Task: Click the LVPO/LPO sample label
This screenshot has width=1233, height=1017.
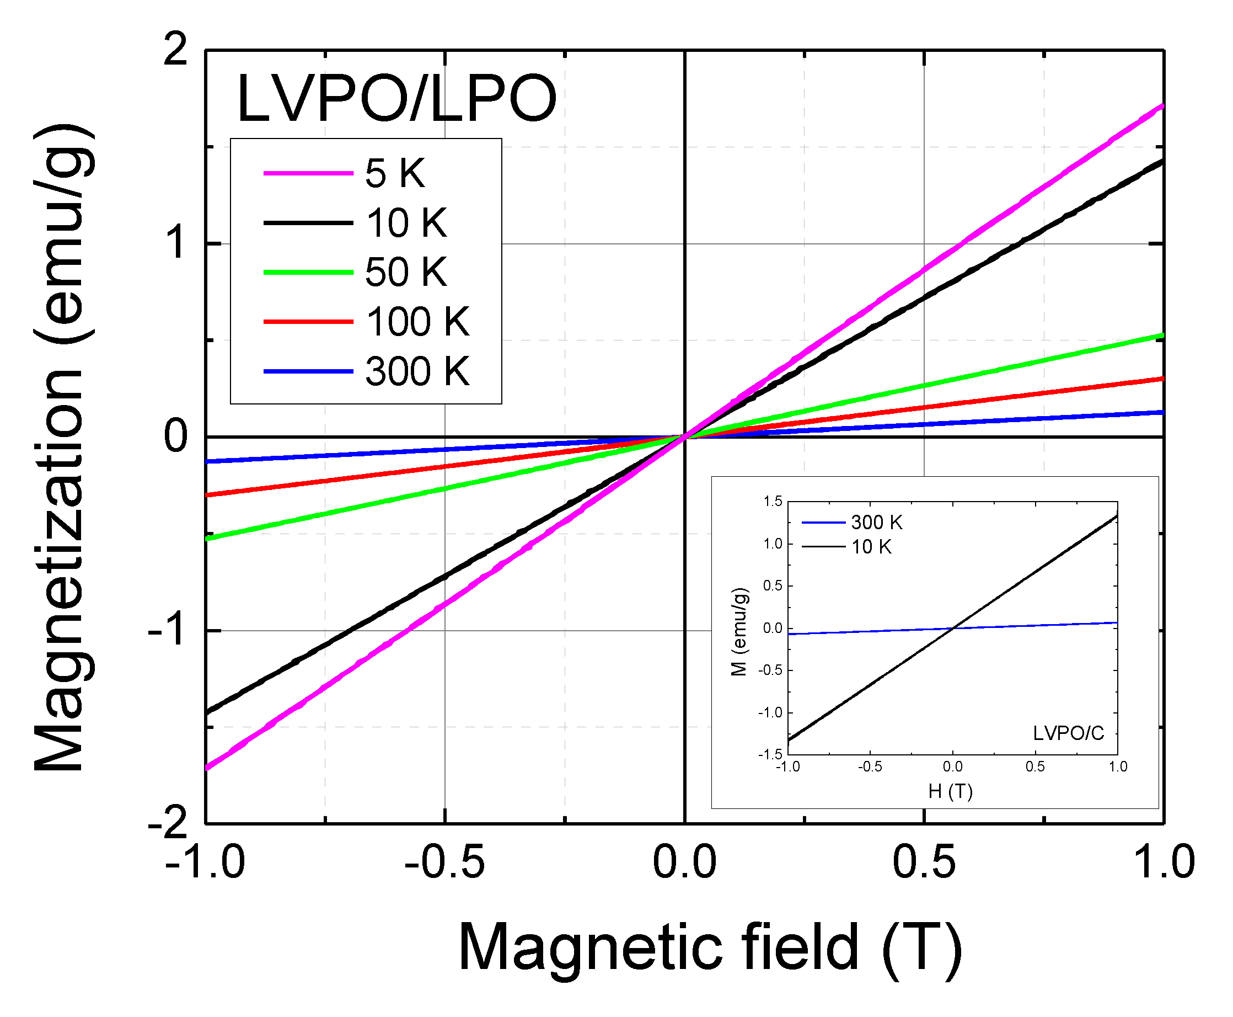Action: [x=396, y=98]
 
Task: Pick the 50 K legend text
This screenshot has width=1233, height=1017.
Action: [x=406, y=272]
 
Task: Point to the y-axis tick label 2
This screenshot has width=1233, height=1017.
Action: [x=174, y=49]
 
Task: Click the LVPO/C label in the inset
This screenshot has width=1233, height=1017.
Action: [x=1068, y=733]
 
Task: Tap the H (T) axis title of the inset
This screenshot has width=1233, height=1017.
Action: [x=950, y=792]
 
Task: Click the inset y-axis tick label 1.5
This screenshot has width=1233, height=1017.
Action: [x=772, y=502]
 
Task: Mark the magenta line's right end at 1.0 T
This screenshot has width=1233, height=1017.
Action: [x=1161, y=107]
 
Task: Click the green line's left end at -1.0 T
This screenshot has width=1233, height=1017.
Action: [x=207, y=538]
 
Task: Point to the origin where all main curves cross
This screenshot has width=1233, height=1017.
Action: [x=684, y=437]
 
